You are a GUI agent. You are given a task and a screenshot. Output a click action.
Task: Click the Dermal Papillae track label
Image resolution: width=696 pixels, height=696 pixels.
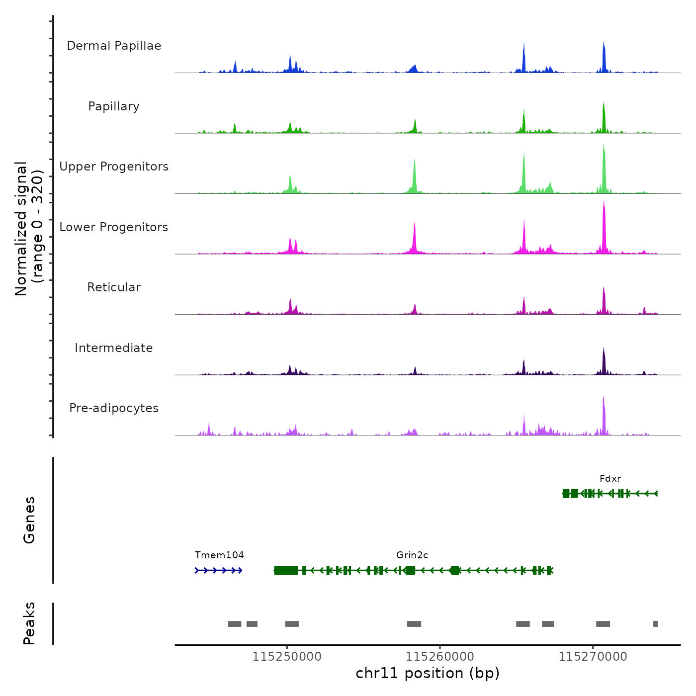pyautogui.click(x=114, y=46)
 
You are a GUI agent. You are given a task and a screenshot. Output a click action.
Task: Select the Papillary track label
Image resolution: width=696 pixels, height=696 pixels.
pyautogui.click(x=114, y=106)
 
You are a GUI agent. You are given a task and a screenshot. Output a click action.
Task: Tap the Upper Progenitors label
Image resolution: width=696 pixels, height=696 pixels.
pyautogui.click(x=114, y=167)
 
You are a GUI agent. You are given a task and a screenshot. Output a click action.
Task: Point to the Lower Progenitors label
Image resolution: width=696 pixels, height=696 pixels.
pyautogui.click(x=114, y=227)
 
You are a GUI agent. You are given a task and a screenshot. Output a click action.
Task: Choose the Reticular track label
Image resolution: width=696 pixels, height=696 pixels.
pyautogui.click(x=114, y=287)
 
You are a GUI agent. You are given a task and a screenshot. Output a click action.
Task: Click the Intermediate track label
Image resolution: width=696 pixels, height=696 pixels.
pyautogui.click(x=114, y=348)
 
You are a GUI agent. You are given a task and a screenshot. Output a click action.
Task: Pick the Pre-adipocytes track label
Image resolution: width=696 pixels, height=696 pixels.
pyautogui.click(x=114, y=408)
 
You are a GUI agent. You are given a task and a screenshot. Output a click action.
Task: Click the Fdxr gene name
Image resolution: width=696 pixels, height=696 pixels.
pyautogui.click(x=610, y=479)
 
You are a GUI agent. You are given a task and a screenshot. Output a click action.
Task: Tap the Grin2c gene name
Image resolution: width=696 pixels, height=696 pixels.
pyautogui.click(x=412, y=555)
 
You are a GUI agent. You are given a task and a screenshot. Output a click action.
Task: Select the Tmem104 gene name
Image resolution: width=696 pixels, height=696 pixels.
pyautogui.click(x=219, y=555)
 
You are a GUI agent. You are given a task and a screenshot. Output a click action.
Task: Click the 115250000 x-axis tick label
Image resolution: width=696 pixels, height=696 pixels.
pyautogui.click(x=287, y=657)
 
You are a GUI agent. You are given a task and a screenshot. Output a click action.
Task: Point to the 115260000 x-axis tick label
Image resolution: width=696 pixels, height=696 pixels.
pyautogui.click(x=440, y=657)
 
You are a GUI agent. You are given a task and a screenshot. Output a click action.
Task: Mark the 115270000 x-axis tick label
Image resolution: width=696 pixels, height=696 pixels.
pyautogui.click(x=593, y=657)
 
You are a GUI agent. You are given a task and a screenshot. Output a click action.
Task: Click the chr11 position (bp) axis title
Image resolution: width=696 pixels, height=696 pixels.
pyautogui.click(x=428, y=673)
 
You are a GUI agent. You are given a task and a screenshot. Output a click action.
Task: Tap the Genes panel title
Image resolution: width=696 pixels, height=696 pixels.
pyautogui.click(x=29, y=520)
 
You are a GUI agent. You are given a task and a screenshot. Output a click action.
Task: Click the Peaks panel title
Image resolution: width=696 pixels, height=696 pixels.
pyautogui.click(x=29, y=623)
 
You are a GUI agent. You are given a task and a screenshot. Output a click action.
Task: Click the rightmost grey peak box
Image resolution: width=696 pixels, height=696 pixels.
pyautogui.click(x=655, y=624)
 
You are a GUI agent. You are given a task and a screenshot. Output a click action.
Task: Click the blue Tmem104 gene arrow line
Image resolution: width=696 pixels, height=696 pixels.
pyautogui.click(x=219, y=570)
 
